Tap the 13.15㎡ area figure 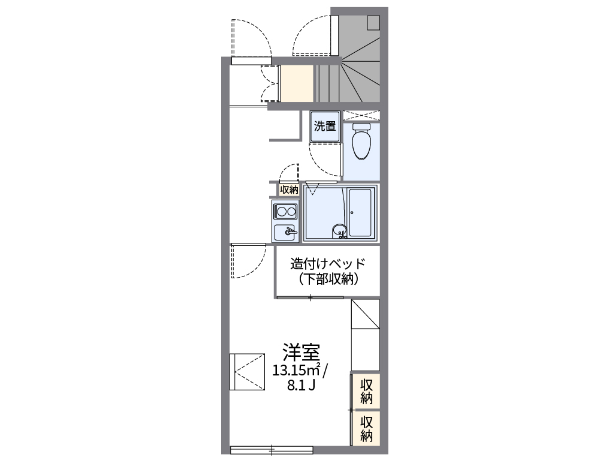point(296,369)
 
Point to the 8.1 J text point(301,386)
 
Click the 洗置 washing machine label point(325,127)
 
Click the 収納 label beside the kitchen point(288,190)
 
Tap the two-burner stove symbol point(286,211)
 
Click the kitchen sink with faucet point(286,231)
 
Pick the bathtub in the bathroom point(361,212)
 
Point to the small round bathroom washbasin point(340,230)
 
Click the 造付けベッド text point(327,264)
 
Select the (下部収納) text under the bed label point(327,279)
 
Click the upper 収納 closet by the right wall point(367,391)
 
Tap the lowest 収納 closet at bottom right point(367,428)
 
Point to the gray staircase point(354,72)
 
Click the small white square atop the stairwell point(374,22)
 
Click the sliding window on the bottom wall point(272,449)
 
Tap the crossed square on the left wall point(247,371)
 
